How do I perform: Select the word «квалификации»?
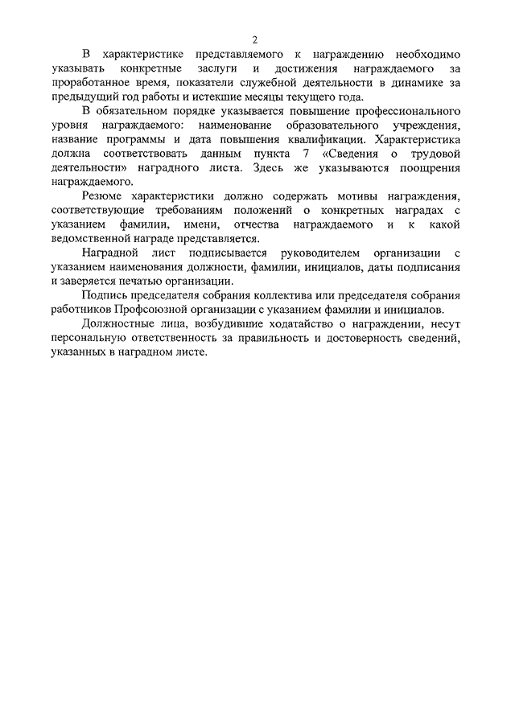311,141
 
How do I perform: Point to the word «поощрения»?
433,169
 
